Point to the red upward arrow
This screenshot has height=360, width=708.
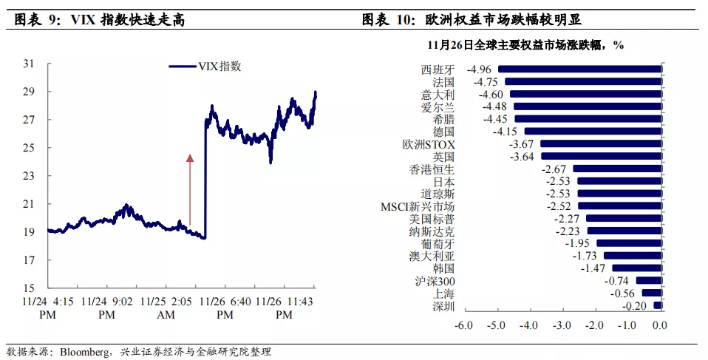click(x=189, y=189)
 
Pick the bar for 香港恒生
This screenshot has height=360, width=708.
click(x=618, y=169)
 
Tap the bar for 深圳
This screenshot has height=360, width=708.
click(x=658, y=305)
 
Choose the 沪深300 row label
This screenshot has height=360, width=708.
click(x=435, y=281)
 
